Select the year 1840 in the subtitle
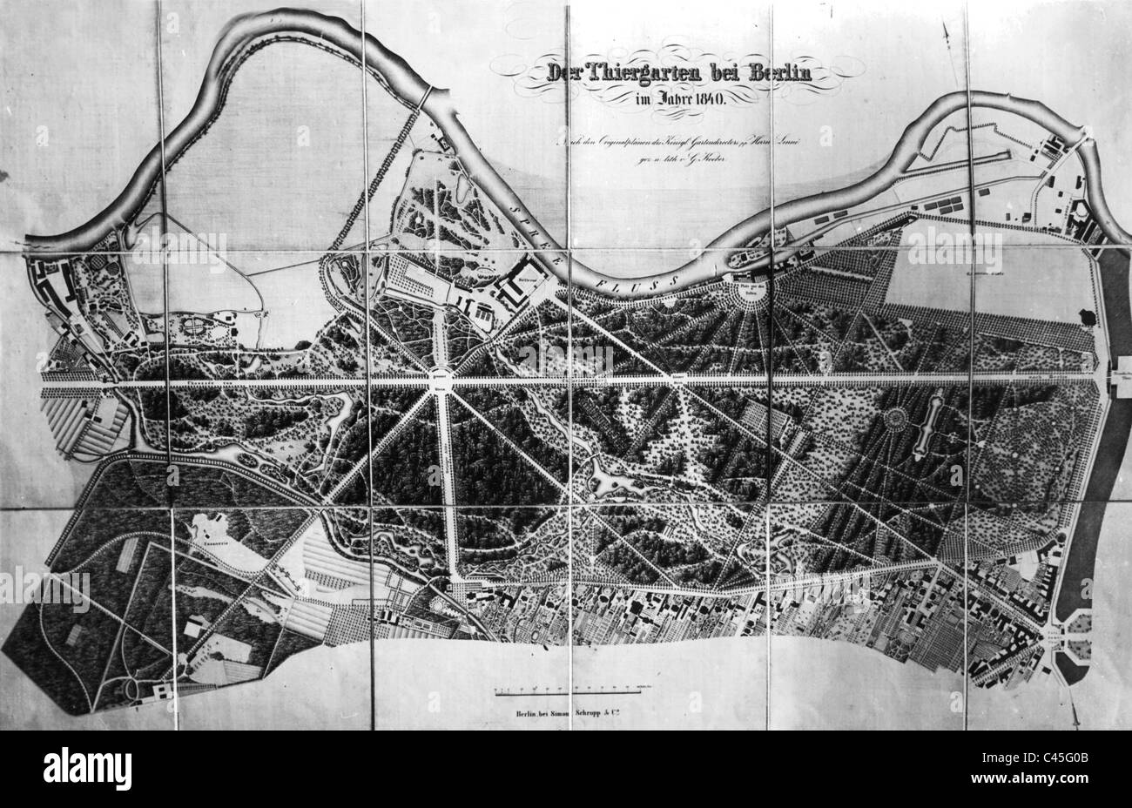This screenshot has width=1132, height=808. click(x=713, y=98)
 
